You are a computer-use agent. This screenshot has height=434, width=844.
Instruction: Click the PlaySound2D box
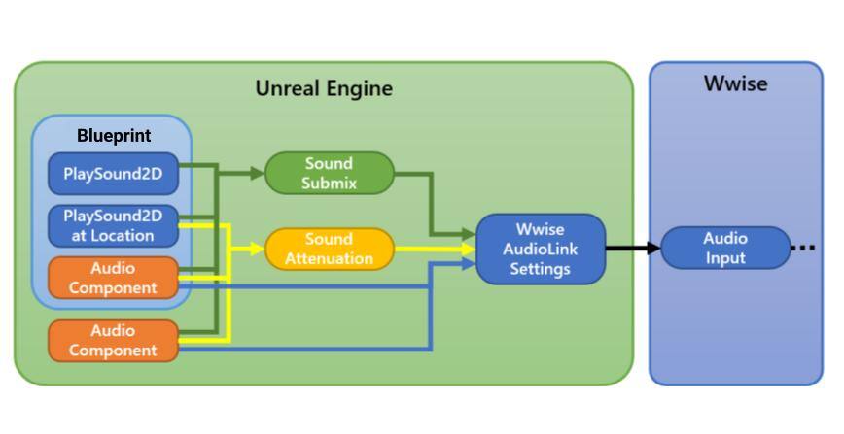click(x=113, y=174)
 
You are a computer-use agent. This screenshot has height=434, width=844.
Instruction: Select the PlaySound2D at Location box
click(x=113, y=225)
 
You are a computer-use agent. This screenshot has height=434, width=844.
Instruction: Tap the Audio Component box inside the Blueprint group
click(x=113, y=278)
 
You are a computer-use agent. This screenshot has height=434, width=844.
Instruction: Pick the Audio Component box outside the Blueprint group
click(x=113, y=341)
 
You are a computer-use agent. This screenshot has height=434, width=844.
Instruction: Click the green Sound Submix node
click(x=329, y=173)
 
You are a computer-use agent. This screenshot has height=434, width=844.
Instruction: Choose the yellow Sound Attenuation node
click(x=329, y=249)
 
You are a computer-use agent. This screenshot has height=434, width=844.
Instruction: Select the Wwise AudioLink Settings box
click(x=540, y=249)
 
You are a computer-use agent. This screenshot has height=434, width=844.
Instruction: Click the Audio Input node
click(x=725, y=248)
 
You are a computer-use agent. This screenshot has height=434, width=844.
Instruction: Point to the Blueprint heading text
click(x=114, y=136)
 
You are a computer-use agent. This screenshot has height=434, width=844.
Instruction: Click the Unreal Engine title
click(x=324, y=88)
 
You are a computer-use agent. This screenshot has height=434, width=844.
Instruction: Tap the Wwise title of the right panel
click(x=735, y=84)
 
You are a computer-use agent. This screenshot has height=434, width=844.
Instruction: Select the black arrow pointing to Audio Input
click(x=632, y=248)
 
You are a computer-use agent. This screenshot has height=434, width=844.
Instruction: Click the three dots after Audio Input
click(x=803, y=249)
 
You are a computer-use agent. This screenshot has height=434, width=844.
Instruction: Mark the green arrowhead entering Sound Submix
click(x=257, y=174)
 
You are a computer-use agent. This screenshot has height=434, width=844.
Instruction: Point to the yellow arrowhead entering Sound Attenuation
click(x=257, y=249)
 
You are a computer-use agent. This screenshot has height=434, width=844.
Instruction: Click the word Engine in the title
click(x=360, y=88)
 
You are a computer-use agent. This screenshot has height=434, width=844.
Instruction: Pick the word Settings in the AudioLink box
click(x=540, y=268)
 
